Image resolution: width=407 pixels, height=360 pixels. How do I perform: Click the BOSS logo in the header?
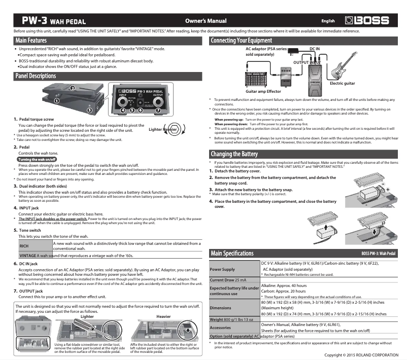(367, 20)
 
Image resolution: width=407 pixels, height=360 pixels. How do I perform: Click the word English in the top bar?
(328, 21)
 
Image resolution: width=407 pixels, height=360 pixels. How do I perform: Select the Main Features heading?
(31, 41)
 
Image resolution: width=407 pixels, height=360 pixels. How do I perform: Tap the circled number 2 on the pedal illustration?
(73, 88)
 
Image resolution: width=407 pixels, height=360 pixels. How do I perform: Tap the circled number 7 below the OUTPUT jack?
(158, 110)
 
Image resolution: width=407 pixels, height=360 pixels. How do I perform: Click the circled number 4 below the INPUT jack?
(123, 110)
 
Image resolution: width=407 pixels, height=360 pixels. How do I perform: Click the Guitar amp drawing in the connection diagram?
(256, 80)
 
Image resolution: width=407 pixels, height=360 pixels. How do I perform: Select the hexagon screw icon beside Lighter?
(174, 129)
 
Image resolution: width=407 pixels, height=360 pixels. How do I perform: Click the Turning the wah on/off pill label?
(37, 160)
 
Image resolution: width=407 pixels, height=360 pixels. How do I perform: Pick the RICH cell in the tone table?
(24, 246)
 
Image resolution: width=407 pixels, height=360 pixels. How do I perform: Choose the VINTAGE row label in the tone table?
(27, 256)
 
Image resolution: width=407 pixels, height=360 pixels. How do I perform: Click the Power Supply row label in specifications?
(222, 269)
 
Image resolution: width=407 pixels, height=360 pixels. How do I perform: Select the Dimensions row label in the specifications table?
(220, 308)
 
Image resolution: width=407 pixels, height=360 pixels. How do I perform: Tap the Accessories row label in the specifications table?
(220, 328)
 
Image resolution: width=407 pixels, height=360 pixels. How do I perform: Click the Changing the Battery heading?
(234, 154)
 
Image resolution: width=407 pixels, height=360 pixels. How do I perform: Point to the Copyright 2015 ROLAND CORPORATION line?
(361, 355)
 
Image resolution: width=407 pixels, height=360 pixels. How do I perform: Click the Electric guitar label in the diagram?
(343, 83)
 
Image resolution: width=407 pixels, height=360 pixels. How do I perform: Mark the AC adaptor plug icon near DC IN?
(293, 51)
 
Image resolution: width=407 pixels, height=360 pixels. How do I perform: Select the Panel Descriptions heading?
(36, 76)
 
